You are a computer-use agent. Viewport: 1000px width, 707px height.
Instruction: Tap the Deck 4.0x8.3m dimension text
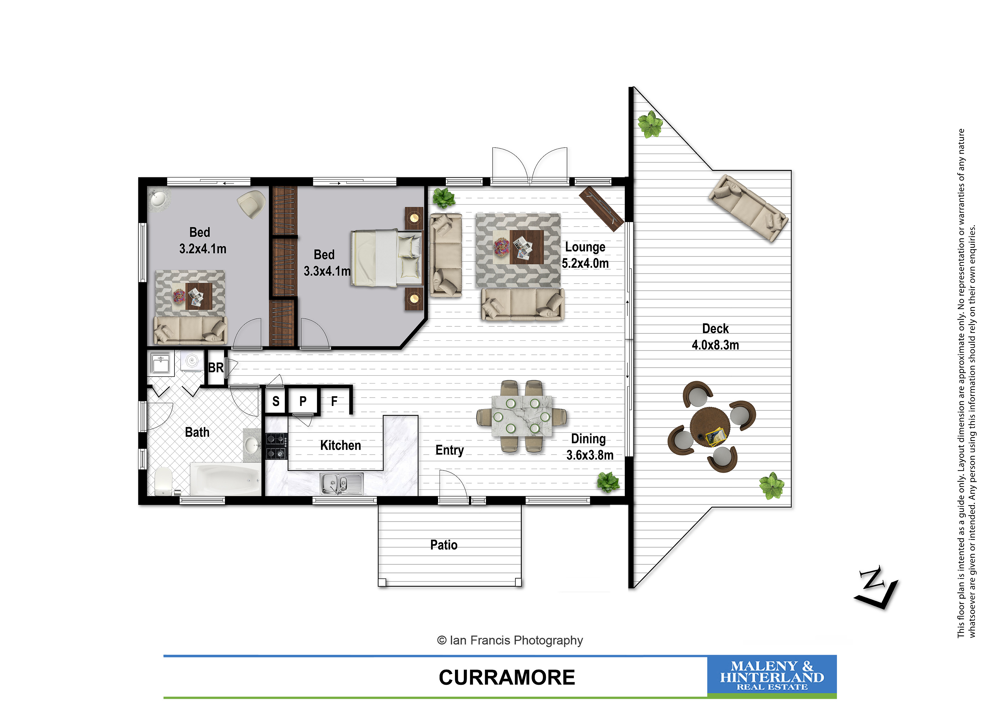[715, 345]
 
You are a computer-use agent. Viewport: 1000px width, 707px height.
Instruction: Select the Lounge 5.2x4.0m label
[585, 255]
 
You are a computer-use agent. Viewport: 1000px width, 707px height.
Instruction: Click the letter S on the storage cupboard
[276, 401]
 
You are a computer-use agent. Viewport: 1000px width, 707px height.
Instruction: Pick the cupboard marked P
[303, 401]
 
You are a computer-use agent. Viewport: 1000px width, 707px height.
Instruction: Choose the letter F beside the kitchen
[334, 401]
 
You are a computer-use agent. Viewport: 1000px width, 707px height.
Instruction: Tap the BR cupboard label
[216, 368]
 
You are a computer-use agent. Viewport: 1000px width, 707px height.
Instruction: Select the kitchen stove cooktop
[277, 446]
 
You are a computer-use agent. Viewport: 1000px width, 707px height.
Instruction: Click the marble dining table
[522, 416]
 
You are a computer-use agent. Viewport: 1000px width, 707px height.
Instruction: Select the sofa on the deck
[748, 208]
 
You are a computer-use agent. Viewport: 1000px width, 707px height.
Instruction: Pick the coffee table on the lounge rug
[527, 247]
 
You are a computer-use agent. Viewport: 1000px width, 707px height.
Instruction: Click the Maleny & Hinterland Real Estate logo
[772, 675]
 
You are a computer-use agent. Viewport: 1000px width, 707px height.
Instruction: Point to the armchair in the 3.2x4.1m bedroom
[251, 204]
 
